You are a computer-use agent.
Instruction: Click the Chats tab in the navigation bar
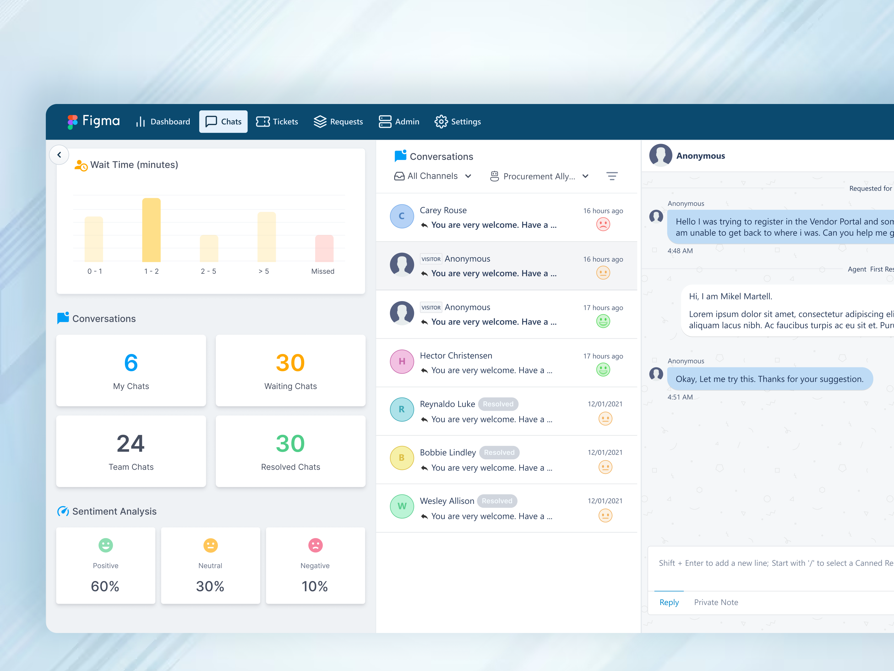click(x=223, y=121)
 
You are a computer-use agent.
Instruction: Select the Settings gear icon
click(x=441, y=121)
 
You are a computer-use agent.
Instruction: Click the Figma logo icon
click(x=72, y=121)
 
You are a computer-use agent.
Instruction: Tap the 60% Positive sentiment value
click(x=105, y=586)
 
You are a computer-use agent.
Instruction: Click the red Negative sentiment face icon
click(x=315, y=545)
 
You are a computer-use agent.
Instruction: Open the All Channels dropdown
click(x=432, y=176)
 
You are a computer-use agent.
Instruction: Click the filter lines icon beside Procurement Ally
click(x=612, y=176)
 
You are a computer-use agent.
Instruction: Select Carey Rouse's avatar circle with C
click(x=402, y=216)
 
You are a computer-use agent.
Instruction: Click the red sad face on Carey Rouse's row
click(x=603, y=224)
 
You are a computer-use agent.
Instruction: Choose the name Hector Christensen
click(x=456, y=356)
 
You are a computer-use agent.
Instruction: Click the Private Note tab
click(x=716, y=602)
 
